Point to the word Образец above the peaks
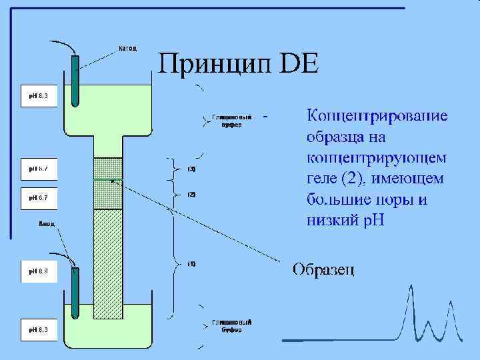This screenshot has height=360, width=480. pyautogui.click(x=323, y=269)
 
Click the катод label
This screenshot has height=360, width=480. pyautogui.click(x=127, y=48)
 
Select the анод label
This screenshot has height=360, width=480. pyautogui.click(x=46, y=224)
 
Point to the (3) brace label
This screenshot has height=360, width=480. pyautogui.click(x=191, y=169)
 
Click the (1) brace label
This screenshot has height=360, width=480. pyautogui.click(x=191, y=263)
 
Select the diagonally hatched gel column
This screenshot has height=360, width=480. pyautogui.click(x=109, y=260)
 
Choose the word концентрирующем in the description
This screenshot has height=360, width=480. pyautogui.click(x=377, y=158)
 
